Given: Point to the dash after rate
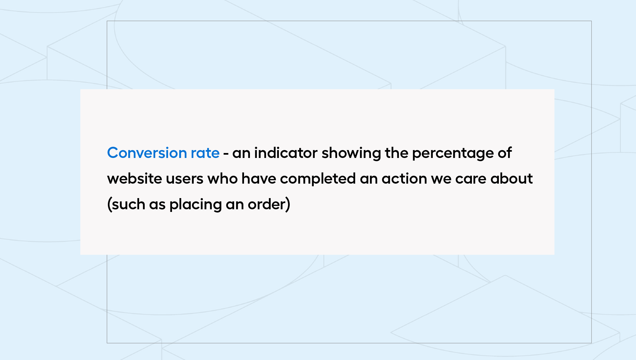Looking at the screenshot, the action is (x=226, y=154).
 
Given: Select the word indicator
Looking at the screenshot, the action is (x=286, y=153).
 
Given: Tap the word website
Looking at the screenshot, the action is (x=135, y=178).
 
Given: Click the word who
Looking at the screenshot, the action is (x=222, y=178).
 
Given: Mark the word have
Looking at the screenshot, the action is (x=259, y=178).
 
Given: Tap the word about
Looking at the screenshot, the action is (x=511, y=178).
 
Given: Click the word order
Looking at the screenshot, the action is (x=267, y=204).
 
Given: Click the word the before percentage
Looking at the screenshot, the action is (x=396, y=153).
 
